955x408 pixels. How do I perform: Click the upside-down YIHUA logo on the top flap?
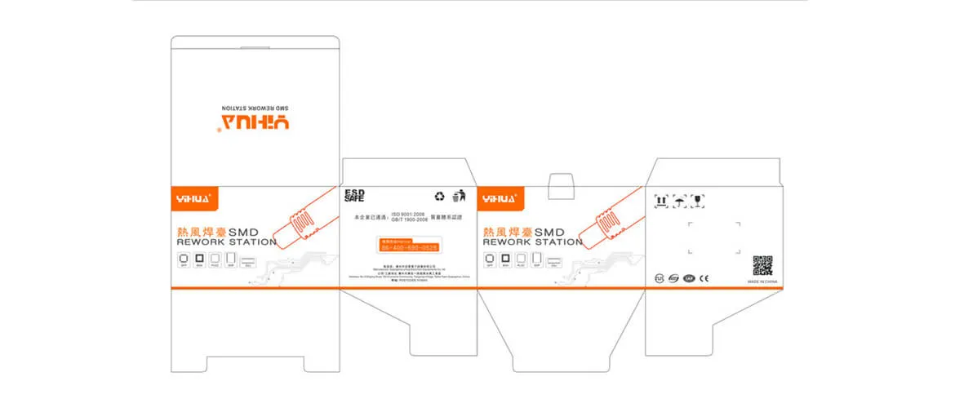[x=254, y=123]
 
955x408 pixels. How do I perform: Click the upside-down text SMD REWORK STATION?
[x=255, y=107]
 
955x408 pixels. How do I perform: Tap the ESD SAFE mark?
[x=354, y=195]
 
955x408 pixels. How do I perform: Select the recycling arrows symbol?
[x=439, y=196]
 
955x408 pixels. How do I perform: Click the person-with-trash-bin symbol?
[x=459, y=195]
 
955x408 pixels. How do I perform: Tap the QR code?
[x=762, y=265]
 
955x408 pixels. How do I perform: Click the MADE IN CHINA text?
[x=763, y=282]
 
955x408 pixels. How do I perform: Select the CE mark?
[x=704, y=278]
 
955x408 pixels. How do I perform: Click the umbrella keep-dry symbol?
[x=679, y=199]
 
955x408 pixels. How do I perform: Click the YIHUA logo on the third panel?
[x=500, y=197]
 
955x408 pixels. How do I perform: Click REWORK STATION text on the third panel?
[x=532, y=242]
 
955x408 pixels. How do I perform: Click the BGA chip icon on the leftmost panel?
[x=198, y=259]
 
